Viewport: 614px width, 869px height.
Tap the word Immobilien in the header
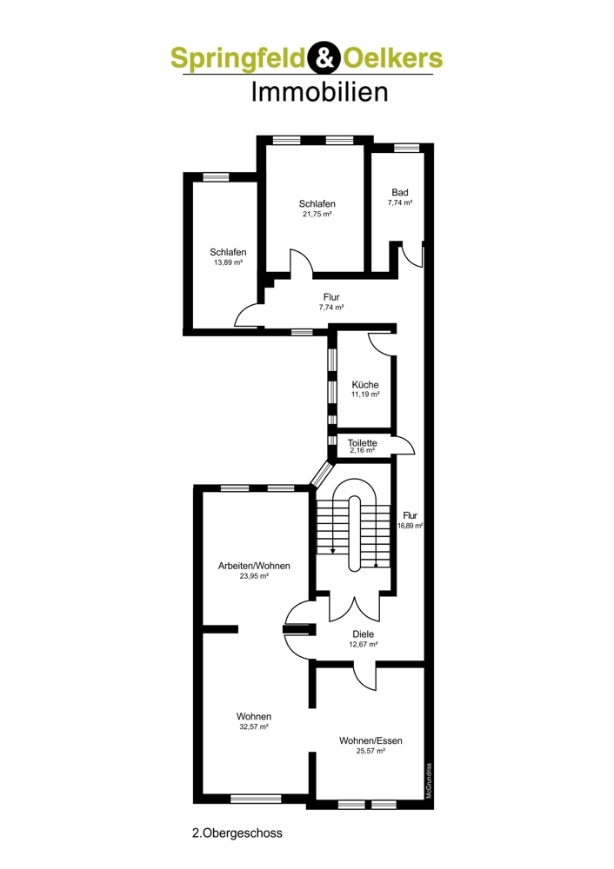tap(319, 91)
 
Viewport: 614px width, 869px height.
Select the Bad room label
tap(399, 192)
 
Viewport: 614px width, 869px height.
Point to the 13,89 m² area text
tap(228, 262)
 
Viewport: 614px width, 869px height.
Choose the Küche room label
tap(365, 385)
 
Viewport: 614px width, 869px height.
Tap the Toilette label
tap(361, 441)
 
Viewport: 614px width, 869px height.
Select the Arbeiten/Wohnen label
tap(253, 565)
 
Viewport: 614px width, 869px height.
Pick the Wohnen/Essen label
tap(371, 740)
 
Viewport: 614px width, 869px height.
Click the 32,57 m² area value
tap(253, 726)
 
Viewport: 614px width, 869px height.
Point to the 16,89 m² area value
tap(410, 526)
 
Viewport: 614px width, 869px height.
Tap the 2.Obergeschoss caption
tap(237, 832)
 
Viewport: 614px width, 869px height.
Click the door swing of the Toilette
tap(404, 446)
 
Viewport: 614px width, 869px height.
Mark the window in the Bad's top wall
tap(405, 148)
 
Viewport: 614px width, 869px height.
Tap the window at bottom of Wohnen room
tap(256, 799)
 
